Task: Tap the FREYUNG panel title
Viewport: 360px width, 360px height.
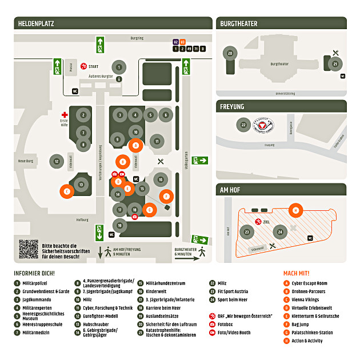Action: click(x=232, y=107)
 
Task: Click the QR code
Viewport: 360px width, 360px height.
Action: click(x=28, y=249)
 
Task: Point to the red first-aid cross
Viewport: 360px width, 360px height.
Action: click(x=65, y=115)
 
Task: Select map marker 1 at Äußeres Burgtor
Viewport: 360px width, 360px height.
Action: click(x=118, y=67)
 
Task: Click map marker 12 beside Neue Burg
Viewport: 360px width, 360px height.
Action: click(x=56, y=162)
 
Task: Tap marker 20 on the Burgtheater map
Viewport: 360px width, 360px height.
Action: click(x=230, y=53)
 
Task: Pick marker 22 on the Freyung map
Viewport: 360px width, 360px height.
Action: click(x=243, y=125)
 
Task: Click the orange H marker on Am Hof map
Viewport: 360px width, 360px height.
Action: click(x=295, y=210)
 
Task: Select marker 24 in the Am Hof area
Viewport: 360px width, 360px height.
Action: click(x=280, y=232)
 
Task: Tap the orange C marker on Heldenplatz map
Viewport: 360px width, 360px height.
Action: click(x=67, y=191)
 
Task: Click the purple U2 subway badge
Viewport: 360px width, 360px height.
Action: click(x=176, y=42)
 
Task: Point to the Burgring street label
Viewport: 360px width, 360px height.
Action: click(x=137, y=38)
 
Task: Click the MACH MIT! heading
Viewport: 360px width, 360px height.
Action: click(x=296, y=273)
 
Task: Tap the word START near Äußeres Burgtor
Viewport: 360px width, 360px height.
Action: click(x=94, y=66)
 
